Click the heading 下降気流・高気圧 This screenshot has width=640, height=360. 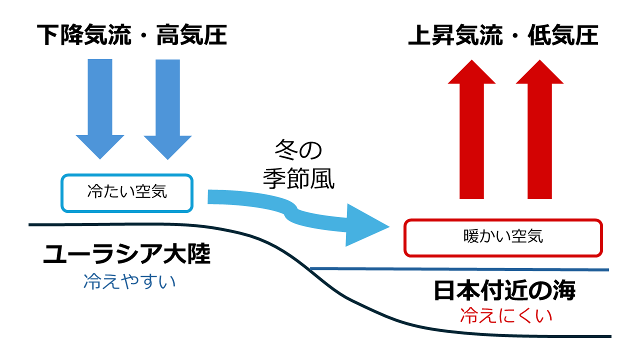pos(132,36)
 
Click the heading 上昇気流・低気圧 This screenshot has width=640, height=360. pos(503,36)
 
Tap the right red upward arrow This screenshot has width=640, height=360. pos(540,130)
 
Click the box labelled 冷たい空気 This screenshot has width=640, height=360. pos(126,192)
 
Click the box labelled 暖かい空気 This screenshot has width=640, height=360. pos(503,237)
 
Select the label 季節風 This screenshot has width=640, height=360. pos(298,179)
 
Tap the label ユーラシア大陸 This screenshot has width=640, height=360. pos(126,255)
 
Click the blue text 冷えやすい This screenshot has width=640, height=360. pos(129,281)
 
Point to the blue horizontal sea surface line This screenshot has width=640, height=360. pos(460,269)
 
